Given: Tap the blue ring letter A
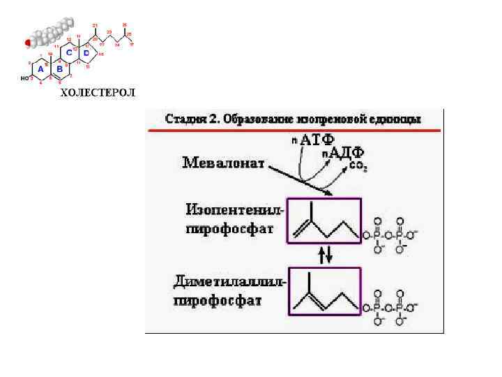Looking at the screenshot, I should click(x=40, y=69).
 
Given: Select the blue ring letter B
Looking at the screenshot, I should click(x=59, y=69).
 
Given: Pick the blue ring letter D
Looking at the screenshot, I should click(x=86, y=52).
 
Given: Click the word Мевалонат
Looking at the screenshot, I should click(x=224, y=163).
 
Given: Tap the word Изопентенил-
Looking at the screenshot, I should click(x=235, y=209).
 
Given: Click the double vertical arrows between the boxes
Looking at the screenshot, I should click(x=325, y=256).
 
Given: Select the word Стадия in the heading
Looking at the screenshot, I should click(x=183, y=119).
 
